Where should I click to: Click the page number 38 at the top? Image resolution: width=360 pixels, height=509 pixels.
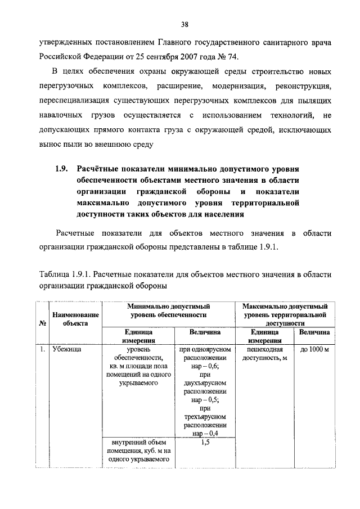coord(184,24)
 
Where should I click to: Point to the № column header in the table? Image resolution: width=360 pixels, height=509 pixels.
coord(42,323)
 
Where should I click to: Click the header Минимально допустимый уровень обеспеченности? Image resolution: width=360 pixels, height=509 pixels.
coord(168,310)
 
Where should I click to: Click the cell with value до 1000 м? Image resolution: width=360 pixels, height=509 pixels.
coord(314,350)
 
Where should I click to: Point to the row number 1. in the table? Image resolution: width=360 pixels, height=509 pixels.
coord(42,350)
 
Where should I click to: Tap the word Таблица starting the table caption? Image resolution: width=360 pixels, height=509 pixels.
coord(53,274)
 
